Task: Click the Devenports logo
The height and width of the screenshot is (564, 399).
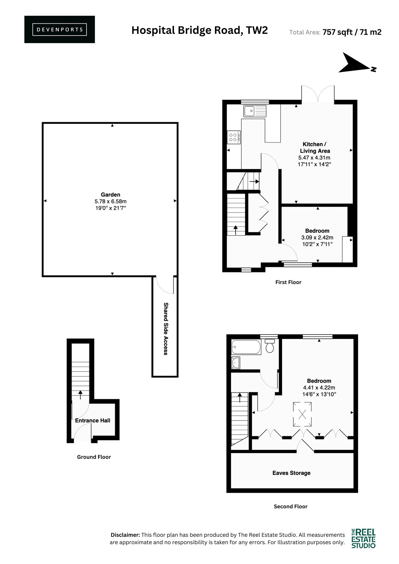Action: click(60, 30)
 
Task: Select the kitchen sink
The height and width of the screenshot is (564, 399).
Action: click(255, 111)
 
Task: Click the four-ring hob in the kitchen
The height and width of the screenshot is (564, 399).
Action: click(234, 137)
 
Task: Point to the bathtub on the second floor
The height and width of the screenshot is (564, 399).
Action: click(246, 347)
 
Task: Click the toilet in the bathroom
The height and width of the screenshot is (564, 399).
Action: click(270, 345)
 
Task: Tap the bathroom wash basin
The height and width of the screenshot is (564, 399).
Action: click(235, 363)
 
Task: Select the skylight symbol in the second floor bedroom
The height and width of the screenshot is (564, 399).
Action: click(302, 414)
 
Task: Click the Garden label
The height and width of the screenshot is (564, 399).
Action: click(110, 195)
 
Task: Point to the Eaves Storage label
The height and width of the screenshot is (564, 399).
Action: click(291, 473)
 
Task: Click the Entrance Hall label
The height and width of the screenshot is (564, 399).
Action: click(92, 421)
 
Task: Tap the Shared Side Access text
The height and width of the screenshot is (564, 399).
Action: click(165, 329)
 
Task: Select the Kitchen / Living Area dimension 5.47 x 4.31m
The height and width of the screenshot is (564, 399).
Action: click(314, 158)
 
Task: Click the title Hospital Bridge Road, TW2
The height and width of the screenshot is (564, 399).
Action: click(199, 30)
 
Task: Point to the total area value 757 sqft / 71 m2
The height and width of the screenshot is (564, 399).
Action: click(352, 32)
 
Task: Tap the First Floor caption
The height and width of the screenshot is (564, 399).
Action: click(288, 282)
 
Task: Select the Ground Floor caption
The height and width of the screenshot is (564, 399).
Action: click(94, 457)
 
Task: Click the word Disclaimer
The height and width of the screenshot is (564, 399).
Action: click(125, 535)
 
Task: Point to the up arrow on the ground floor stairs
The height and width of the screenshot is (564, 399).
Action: click(80, 395)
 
